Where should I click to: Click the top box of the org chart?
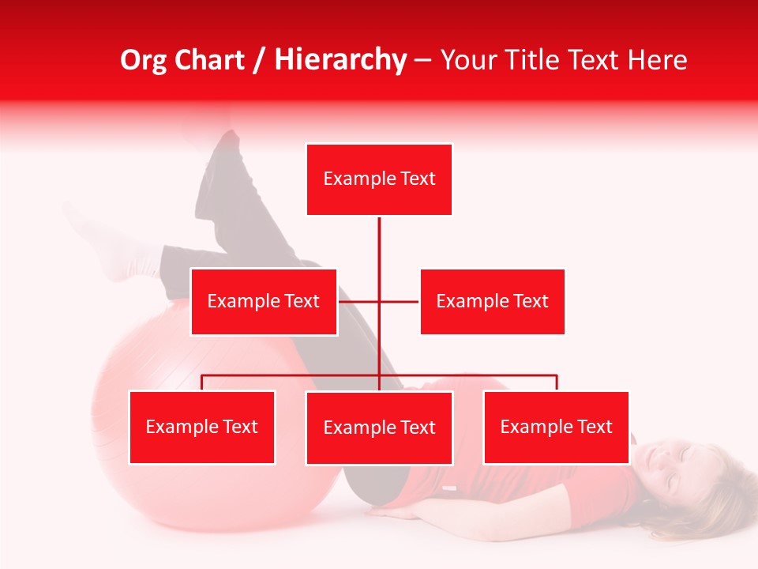tap(379, 179)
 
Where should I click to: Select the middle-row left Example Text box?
tap(264, 301)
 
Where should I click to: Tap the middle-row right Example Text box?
tap(492, 301)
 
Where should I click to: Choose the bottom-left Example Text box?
tap(202, 427)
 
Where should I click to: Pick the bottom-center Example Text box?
tap(379, 428)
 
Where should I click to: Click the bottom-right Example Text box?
tap(556, 427)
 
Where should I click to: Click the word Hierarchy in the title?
tap(340, 60)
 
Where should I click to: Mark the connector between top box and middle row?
tap(379, 245)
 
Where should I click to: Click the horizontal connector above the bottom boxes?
tap(474, 375)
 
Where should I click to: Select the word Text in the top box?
tap(417, 179)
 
